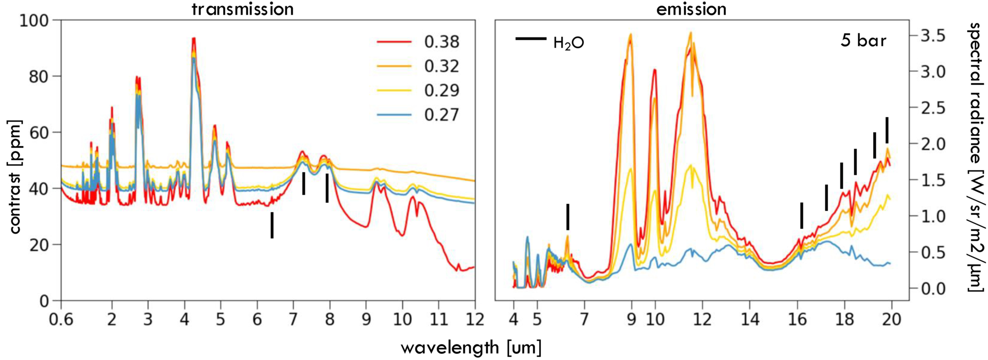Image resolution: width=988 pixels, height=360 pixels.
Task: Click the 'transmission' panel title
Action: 243,9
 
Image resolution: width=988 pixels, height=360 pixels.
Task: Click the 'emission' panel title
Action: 691,9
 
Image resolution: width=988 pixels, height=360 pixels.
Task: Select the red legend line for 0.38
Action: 394,42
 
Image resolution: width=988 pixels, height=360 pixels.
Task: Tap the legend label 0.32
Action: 441,66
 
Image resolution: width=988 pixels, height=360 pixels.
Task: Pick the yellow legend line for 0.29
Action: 394,91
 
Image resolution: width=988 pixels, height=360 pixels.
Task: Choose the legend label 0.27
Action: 441,115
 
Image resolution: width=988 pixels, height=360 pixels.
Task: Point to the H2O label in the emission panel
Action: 568,43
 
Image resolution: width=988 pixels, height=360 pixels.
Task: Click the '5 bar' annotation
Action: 863,40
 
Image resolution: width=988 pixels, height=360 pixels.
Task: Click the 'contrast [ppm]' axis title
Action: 15,177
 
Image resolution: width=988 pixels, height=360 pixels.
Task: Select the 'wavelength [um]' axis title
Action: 471,348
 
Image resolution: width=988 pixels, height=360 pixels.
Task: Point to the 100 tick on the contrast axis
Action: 34,21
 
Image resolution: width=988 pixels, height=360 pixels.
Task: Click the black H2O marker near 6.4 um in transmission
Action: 272,225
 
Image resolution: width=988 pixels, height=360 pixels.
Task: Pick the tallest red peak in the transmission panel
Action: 193,38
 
